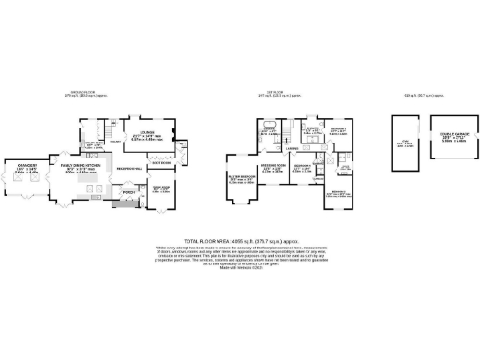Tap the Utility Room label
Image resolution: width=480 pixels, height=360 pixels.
pos(94,145)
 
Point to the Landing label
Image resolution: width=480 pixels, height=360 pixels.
pos(292,147)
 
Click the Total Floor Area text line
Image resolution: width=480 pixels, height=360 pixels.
pos(240,240)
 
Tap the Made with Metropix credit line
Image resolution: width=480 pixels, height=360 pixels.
pos(240,271)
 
